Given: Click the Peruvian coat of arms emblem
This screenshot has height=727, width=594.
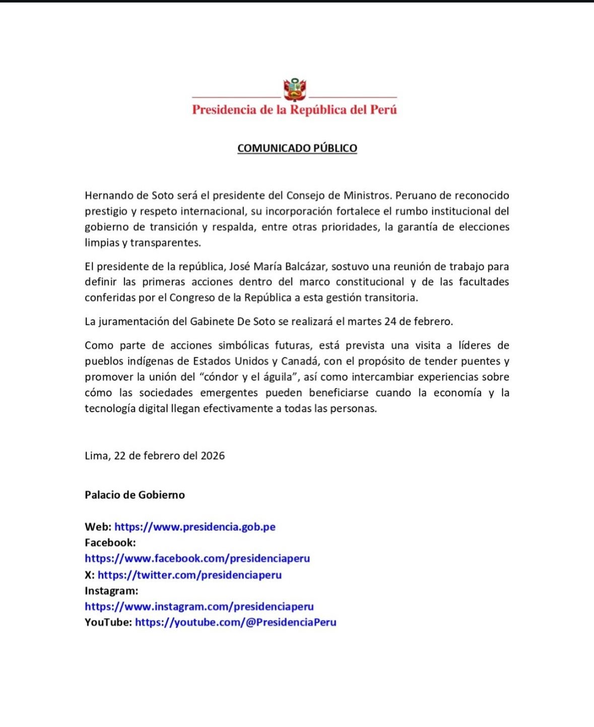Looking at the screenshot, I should (295, 90).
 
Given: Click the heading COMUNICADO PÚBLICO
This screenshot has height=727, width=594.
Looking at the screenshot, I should (297, 148).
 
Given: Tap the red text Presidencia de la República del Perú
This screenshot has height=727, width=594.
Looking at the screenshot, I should (294, 110).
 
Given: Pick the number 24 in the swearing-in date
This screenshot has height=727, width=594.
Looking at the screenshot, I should (390, 321).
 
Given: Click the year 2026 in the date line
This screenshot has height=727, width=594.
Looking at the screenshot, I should (213, 456).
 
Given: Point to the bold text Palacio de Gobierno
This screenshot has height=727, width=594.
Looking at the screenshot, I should (135, 495).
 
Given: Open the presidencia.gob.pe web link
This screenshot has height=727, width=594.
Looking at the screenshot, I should (195, 527).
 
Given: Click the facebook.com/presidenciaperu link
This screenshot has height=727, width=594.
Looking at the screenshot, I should (197, 558).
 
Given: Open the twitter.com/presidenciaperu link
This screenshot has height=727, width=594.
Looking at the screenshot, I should (189, 575).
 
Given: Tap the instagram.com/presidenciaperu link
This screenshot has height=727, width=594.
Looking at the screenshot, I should (199, 607).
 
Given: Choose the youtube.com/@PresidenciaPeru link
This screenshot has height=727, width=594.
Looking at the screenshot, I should (235, 622).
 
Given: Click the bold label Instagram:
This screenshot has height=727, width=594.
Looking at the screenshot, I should (111, 591).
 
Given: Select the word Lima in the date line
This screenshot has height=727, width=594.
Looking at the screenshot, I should (96, 456).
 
